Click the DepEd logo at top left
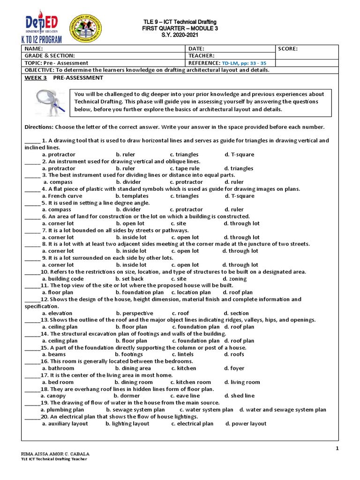(42, 24)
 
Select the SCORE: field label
(288, 48)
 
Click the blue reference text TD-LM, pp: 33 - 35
(250, 63)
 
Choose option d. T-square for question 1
(240, 154)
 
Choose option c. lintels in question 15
(184, 354)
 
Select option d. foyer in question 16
(234, 368)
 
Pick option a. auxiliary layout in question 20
(65, 423)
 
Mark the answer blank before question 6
(32, 217)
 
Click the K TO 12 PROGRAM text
(42, 40)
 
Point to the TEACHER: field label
(202, 55)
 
